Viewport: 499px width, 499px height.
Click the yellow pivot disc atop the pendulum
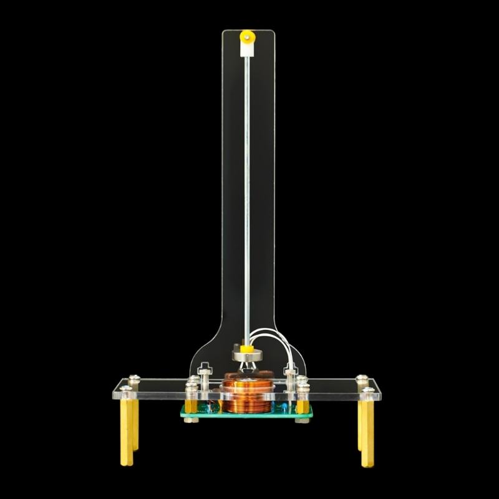point(248,35)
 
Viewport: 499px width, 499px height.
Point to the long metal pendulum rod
point(247,187)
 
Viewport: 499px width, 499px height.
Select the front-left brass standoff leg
point(127,430)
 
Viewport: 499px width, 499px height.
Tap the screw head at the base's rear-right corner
point(361,378)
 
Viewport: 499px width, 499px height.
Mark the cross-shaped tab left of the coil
point(205,372)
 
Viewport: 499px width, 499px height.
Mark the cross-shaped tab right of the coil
point(291,372)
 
